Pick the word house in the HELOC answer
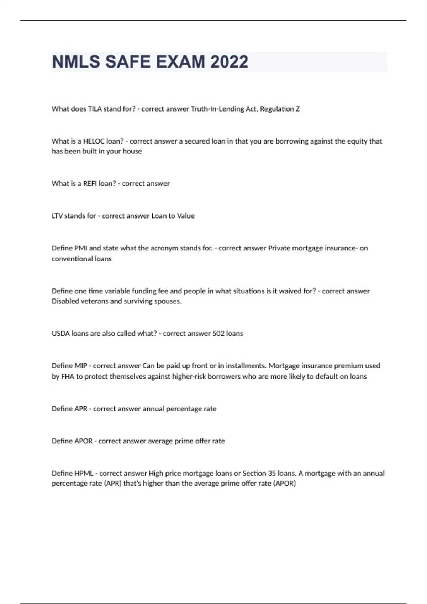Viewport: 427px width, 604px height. coord(132,151)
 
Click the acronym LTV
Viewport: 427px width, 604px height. coord(57,216)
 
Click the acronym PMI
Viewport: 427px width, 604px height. coord(80,248)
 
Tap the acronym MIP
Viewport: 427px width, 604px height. coord(80,366)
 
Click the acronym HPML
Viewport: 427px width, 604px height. coord(84,473)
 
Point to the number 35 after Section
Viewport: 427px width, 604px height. coord(272,473)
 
